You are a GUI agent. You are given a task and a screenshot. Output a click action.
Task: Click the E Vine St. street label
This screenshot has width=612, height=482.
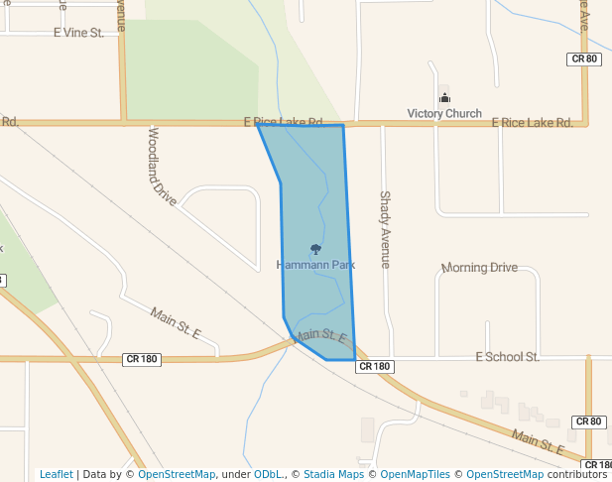[x=78, y=33]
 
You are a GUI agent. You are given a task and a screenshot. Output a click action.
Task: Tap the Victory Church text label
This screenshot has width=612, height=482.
[x=444, y=113]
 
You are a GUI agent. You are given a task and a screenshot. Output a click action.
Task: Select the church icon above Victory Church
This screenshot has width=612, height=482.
[x=444, y=97]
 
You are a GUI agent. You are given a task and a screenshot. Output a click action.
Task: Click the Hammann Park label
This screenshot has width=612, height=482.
[x=315, y=265]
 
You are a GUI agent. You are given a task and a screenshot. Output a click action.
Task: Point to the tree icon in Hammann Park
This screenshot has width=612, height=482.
[x=315, y=249]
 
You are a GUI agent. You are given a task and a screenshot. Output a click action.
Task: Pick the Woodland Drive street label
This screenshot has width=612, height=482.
[x=162, y=166]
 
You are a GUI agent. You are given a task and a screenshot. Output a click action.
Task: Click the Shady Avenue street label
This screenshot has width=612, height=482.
[x=385, y=229]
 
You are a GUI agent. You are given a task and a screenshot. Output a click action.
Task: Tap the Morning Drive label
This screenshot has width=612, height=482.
[x=479, y=268]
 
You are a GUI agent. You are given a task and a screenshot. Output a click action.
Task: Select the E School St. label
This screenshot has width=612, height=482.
[x=507, y=356]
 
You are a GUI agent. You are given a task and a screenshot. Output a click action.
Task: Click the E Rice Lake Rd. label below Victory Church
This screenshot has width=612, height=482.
[x=533, y=123]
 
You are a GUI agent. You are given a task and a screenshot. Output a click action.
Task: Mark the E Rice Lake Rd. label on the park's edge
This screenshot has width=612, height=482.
[x=284, y=122]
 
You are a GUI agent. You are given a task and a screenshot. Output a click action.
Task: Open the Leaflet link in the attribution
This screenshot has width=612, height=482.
[x=56, y=474]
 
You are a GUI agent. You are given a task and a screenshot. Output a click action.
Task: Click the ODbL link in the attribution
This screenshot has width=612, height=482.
[x=268, y=474]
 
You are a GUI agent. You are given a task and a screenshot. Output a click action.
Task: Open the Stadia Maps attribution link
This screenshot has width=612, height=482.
[x=333, y=474]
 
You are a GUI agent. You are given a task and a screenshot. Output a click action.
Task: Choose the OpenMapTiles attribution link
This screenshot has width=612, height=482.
[x=415, y=474]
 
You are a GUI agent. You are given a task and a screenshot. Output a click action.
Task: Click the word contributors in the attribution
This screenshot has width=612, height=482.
[x=576, y=474]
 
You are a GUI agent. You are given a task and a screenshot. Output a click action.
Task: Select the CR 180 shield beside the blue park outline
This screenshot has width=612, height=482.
[x=375, y=366]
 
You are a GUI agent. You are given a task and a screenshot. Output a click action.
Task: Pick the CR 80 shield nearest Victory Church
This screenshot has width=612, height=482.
[x=584, y=60]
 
